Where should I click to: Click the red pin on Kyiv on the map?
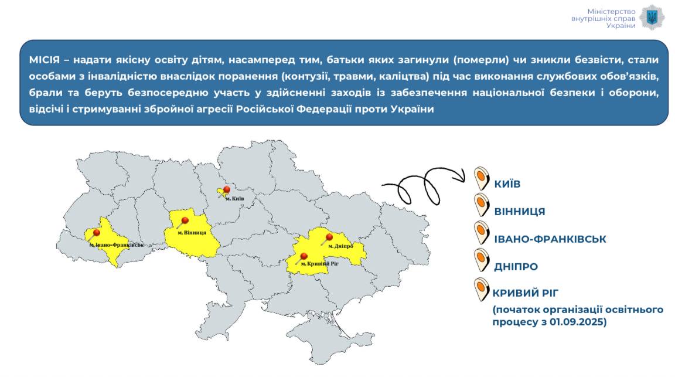point(226,190)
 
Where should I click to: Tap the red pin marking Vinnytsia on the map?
point(184,221)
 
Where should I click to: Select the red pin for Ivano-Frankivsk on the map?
point(96,233)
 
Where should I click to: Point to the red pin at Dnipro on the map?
point(329,237)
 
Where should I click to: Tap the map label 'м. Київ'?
point(234,199)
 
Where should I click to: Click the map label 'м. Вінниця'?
point(192,233)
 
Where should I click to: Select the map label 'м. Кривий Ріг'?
point(320,264)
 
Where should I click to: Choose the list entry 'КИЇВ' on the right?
point(507,184)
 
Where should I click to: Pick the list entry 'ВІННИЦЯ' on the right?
point(520,212)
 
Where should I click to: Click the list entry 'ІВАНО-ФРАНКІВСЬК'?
point(550,239)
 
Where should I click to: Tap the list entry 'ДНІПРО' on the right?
point(516,267)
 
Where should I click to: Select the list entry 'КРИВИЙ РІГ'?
point(525,293)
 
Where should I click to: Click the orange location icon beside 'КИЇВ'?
point(482,178)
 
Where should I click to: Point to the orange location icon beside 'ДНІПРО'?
point(482,260)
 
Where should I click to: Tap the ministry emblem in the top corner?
point(652,18)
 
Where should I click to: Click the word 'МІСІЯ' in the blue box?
point(45,60)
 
